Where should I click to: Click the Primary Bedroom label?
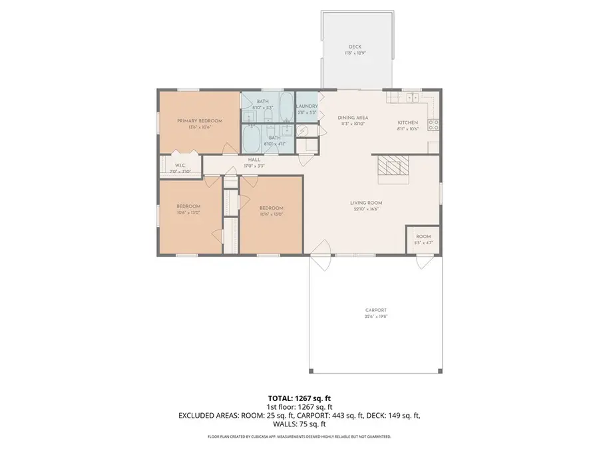click(x=199, y=120)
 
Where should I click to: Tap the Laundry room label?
click(x=307, y=106)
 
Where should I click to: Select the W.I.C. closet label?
click(x=179, y=165)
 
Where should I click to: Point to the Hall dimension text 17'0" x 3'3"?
click(x=254, y=166)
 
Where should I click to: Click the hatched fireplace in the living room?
click(x=391, y=168)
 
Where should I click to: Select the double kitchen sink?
click(x=410, y=97)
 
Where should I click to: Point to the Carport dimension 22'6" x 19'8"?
click(x=376, y=317)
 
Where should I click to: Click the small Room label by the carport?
click(x=423, y=237)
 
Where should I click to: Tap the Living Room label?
click(x=366, y=203)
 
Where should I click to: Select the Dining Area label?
click(x=353, y=118)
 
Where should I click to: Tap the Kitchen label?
click(x=407, y=123)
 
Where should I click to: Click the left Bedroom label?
click(x=188, y=206)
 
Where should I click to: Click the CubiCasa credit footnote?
click(x=299, y=437)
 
